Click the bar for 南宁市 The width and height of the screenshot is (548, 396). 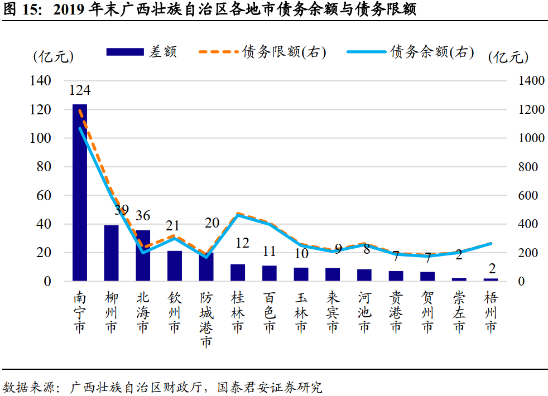click(80, 192)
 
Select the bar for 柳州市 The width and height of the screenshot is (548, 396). click(112, 253)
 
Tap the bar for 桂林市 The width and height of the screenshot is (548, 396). click(238, 272)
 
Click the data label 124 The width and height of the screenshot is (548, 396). click(80, 90)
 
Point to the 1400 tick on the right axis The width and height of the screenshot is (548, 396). click(531, 81)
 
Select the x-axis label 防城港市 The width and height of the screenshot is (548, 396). click(206, 320)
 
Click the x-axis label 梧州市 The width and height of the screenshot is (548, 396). click(491, 312)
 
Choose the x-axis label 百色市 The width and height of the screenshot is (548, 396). click(270, 312)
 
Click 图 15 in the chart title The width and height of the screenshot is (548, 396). click(21, 10)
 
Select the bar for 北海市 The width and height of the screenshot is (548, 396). click(143, 255)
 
